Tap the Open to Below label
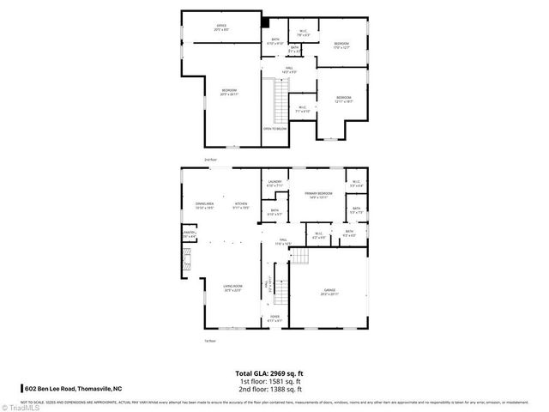(x=274, y=130)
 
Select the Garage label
(x=329, y=291)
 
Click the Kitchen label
(x=241, y=205)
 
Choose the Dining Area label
(x=203, y=205)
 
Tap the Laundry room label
(x=274, y=183)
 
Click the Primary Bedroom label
(x=317, y=195)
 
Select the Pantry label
(x=189, y=233)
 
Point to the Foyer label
(x=274, y=318)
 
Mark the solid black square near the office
(x=264, y=23)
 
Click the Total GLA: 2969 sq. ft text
(x=269, y=373)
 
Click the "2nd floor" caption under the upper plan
(x=210, y=160)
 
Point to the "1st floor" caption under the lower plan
(x=209, y=341)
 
